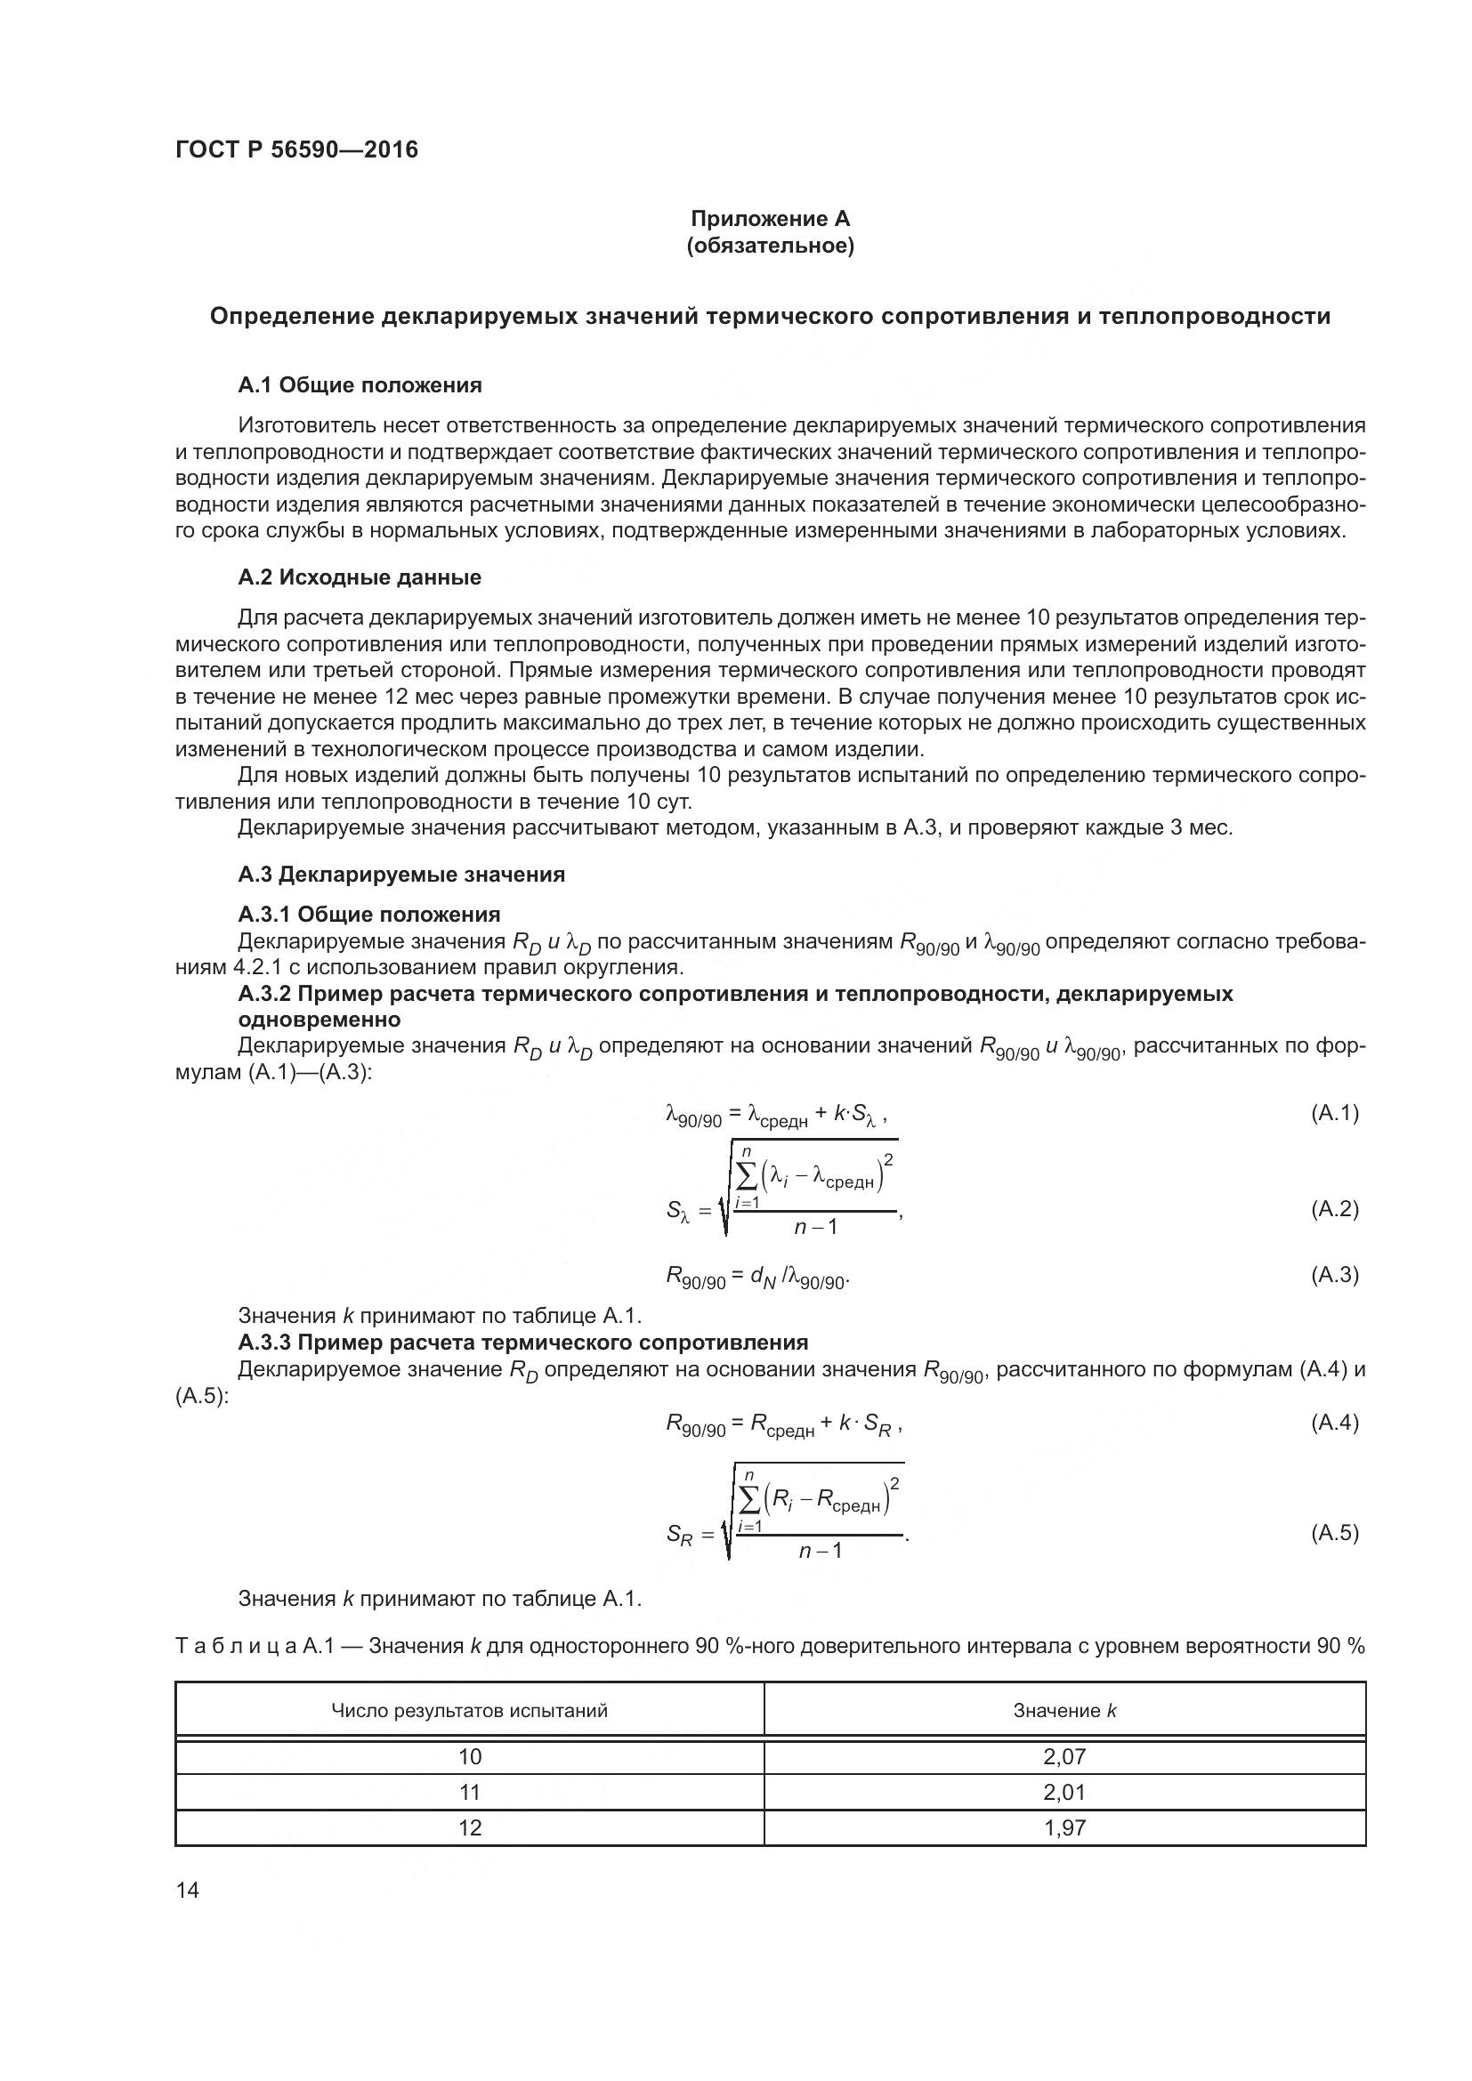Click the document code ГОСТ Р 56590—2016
pyautogui.click(x=296, y=149)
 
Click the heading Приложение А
pyautogui.click(x=770, y=219)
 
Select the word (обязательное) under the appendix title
pyautogui.click(x=770, y=246)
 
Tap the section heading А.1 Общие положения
pyautogui.click(x=360, y=385)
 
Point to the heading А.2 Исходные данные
pyautogui.click(x=360, y=577)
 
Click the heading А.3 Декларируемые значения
pyautogui.click(x=401, y=874)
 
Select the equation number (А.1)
pyautogui.click(x=1334, y=1113)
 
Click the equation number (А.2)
pyautogui.click(x=1334, y=1208)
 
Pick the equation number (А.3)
pyautogui.click(x=1334, y=1274)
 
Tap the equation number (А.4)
pyautogui.click(x=1334, y=1422)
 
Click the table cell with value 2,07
pyautogui.click(x=1064, y=1756)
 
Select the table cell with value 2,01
pyautogui.click(x=1064, y=1792)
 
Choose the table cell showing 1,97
pyautogui.click(x=1064, y=1827)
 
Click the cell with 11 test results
pyautogui.click(x=470, y=1792)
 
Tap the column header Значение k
pyautogui.click(x=1064, y=1710)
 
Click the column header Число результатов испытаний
pyautogui.click(x=470, y=1710)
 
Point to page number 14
pyautogui.click(x=188, y=1891)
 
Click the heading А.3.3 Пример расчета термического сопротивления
pyautogui.click(x=523, y=1342)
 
